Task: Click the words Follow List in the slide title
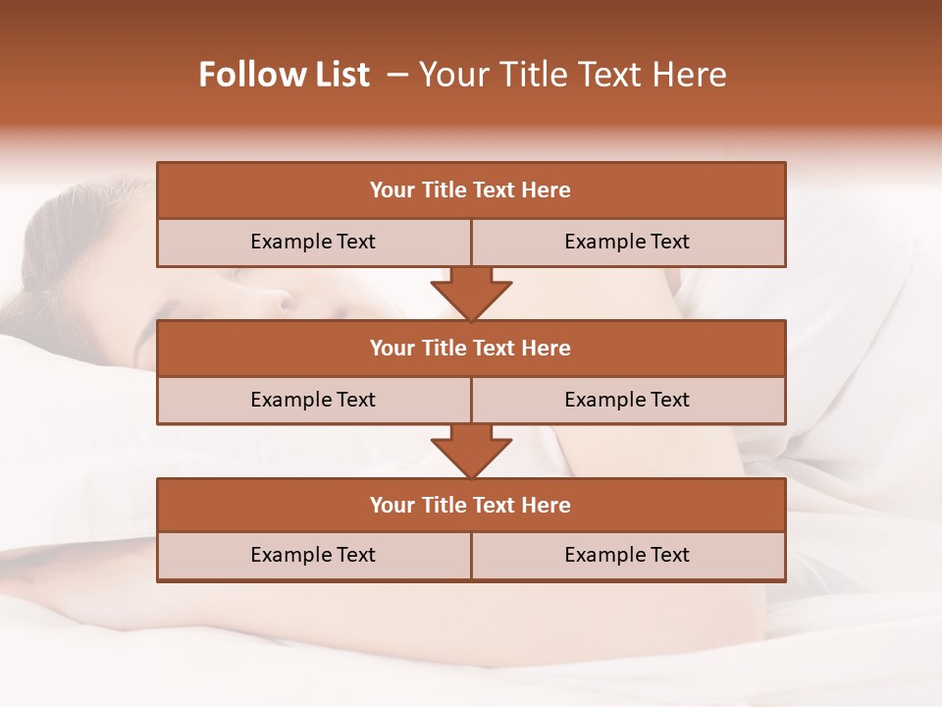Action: click(285, 76)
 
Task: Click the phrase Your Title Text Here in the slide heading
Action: click(572, 76)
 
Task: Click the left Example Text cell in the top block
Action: click(313, 243)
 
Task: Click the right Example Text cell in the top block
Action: click(628, 243)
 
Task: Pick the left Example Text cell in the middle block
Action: click(313, 401)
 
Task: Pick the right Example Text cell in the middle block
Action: click(628, 401)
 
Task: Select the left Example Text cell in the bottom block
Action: click(313, 556)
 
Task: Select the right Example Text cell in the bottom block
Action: click(628, 556)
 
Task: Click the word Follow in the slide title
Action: click(243, 76)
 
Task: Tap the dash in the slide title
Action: click(397, 76)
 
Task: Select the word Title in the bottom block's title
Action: click(444, 506)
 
